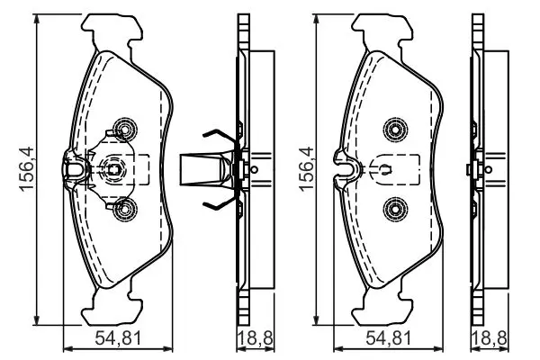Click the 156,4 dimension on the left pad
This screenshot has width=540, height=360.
(26, 169)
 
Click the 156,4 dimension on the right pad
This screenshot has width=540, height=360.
(307, 169)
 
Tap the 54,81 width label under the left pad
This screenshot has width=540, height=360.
(118, 338)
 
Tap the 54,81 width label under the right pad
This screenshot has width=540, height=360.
(389, 338)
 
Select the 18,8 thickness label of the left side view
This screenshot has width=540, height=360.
(256, 338)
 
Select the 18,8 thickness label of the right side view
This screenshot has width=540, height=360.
(490, 338)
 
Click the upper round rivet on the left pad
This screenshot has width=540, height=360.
(125, 130)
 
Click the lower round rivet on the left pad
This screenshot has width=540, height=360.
(125, 209)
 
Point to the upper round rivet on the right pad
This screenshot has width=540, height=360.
(395, 130)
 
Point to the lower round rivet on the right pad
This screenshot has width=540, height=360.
(395, 209)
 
